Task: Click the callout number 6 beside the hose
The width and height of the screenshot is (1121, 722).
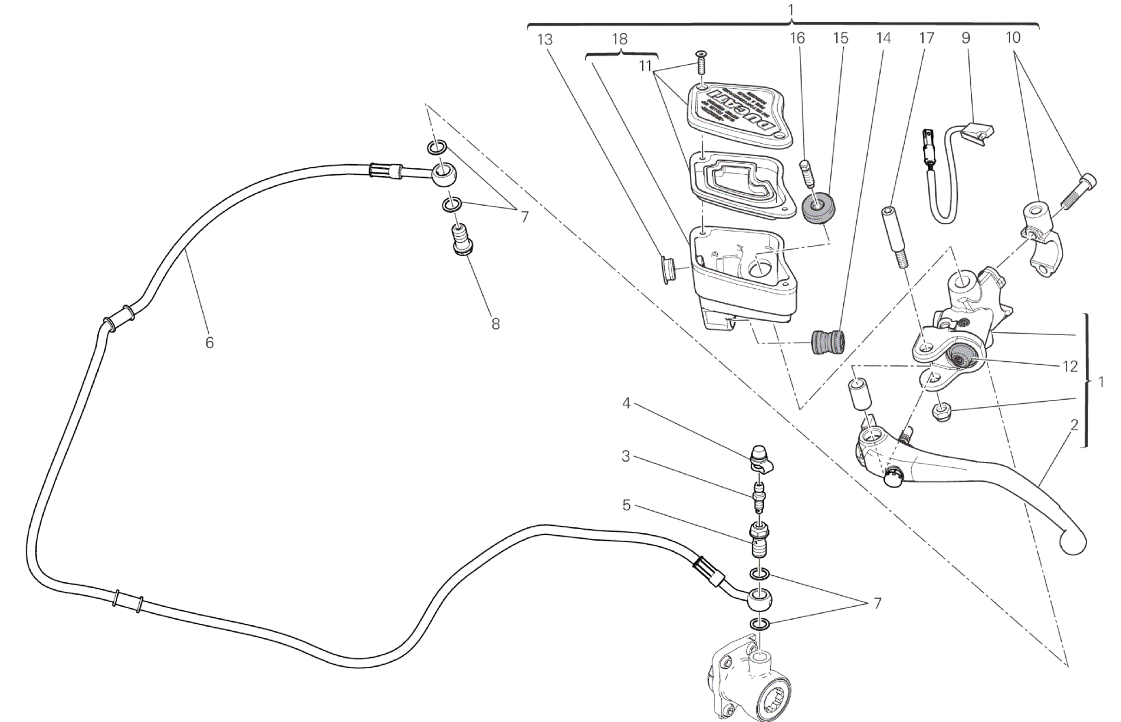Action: [x=209, y=343]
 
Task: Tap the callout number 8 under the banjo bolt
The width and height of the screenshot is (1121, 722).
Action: [x=495, y=323]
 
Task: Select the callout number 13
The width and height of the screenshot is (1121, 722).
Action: [x=544, y=40]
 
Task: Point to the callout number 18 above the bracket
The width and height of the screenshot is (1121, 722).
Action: [x=619, y=39]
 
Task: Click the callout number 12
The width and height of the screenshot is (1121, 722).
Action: [x=1070, y=367]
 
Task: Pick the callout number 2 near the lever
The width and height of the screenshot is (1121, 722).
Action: [x=1074, y=425]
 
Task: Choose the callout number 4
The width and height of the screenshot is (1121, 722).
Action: [x=626, y=403]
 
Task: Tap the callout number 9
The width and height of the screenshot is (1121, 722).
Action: [x=965, y=38]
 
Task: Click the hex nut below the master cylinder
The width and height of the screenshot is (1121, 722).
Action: [x=940, y=413]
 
